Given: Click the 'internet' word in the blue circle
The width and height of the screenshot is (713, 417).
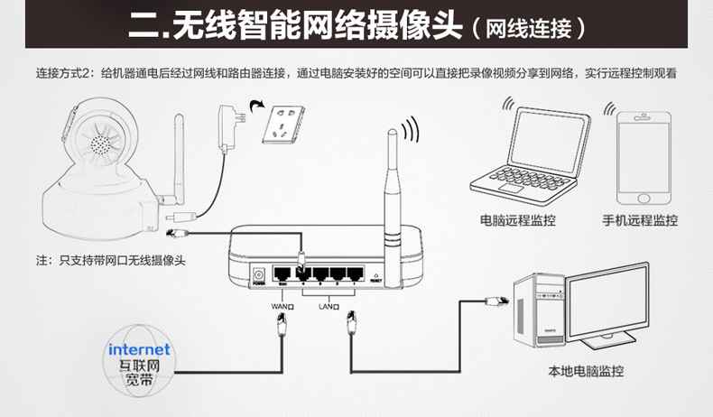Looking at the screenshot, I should pos(139,348).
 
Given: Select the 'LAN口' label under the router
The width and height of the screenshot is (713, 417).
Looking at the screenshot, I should pos(329,306).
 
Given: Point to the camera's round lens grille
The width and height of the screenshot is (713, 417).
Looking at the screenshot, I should pos(99,144).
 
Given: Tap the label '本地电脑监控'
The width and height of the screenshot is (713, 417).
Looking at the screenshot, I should pos(586,371).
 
